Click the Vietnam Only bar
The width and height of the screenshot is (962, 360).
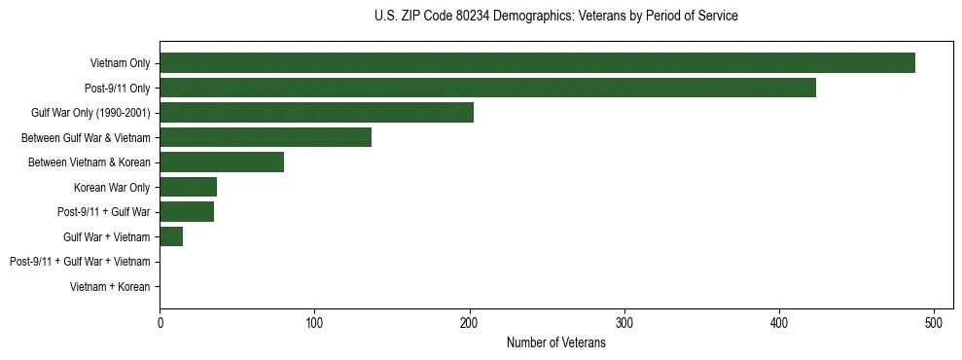pos(537,63)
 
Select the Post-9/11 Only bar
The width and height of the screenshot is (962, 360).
pos(487,88)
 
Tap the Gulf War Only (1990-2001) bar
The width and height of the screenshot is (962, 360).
pos(316,113)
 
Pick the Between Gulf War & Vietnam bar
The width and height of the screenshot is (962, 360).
pos(266,137)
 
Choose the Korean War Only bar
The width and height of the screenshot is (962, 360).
pos(188,187)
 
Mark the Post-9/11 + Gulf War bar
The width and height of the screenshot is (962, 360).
pos(187,212)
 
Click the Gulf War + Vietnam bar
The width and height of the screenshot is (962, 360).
pos(171,236)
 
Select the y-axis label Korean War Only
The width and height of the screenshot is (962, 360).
pos(111,187)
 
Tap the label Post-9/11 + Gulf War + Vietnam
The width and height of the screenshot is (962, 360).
pos(79,262)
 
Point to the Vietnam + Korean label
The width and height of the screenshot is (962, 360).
pos(110,287)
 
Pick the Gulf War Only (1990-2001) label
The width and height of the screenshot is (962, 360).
pos(90,113)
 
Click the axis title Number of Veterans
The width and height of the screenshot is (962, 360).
pos(555,342)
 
